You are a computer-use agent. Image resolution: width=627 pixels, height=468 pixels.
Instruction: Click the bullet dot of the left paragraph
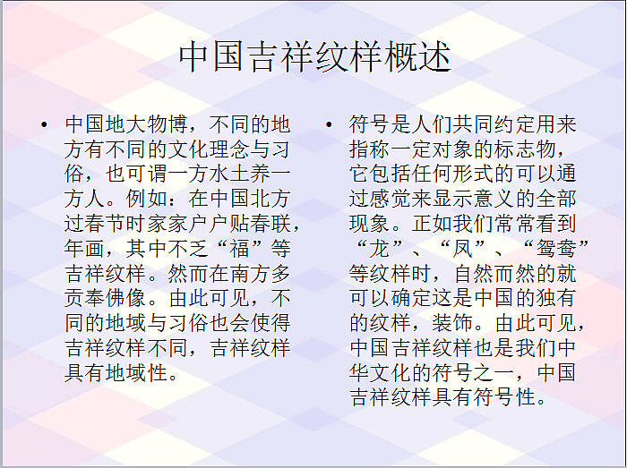pos(43,125)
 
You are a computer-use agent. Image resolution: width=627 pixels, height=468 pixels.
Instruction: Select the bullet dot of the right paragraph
pos(330,125)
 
